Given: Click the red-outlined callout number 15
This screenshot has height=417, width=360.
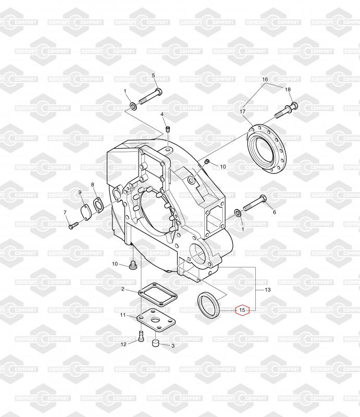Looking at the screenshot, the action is point(242,310).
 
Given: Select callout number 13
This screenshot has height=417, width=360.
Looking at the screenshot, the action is point(268,289).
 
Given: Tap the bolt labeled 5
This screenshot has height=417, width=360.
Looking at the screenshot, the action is point(151,97).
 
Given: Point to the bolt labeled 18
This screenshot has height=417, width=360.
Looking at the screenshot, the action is point(287,110).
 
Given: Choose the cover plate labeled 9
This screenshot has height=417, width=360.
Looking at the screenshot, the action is point(85,213).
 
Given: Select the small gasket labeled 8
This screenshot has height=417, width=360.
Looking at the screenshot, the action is point(97,205).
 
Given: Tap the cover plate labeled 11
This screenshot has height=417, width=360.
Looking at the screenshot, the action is point(156,320).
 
